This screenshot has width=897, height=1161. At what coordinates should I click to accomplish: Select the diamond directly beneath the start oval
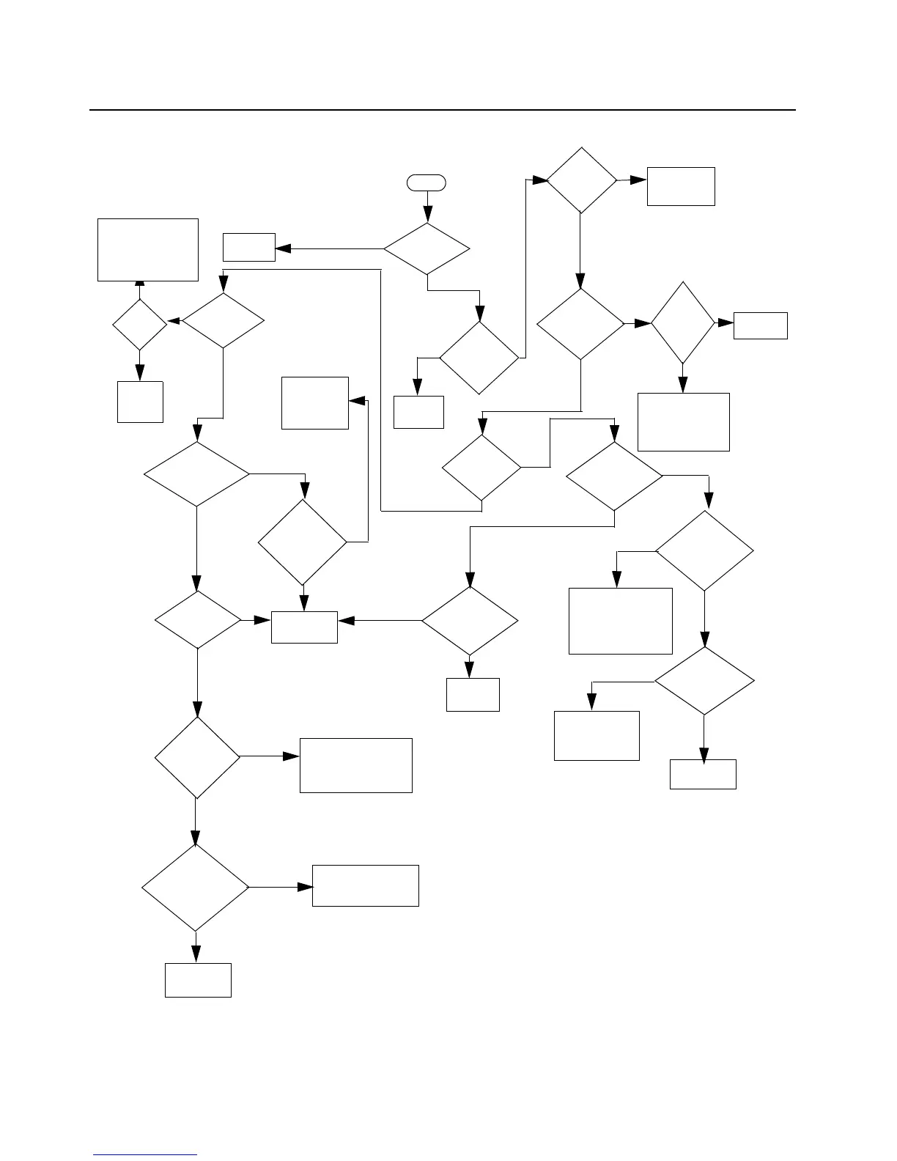(427, 249)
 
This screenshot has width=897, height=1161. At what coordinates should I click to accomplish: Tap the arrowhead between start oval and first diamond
(427, 216)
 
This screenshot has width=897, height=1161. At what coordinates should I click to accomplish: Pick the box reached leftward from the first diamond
(249, 247)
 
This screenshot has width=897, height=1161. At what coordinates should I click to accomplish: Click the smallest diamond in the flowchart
(139, 324)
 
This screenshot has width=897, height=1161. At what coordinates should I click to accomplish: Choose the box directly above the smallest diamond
(148, 249)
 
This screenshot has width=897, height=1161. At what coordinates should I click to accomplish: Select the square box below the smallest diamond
(140, 401)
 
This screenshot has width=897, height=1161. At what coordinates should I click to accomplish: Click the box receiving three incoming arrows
(304, 627)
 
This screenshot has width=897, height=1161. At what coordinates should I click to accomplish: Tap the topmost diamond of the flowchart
(581, 180)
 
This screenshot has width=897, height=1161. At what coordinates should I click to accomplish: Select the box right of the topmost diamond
(681, 186)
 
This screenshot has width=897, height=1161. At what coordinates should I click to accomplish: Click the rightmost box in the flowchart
(761, 325)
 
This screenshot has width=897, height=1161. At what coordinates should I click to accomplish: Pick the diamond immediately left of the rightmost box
(683, 322)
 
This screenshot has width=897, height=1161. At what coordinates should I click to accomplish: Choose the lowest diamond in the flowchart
(196, 888)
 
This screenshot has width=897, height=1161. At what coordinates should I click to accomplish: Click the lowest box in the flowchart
(198, 980)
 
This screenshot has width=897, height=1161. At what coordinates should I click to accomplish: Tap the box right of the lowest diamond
(366, 885)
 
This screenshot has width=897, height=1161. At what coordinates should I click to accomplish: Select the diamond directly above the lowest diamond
(197, 757)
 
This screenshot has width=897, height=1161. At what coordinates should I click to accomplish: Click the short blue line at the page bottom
(146, 1155)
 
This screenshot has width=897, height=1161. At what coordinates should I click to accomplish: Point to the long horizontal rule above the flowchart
(443, 110)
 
